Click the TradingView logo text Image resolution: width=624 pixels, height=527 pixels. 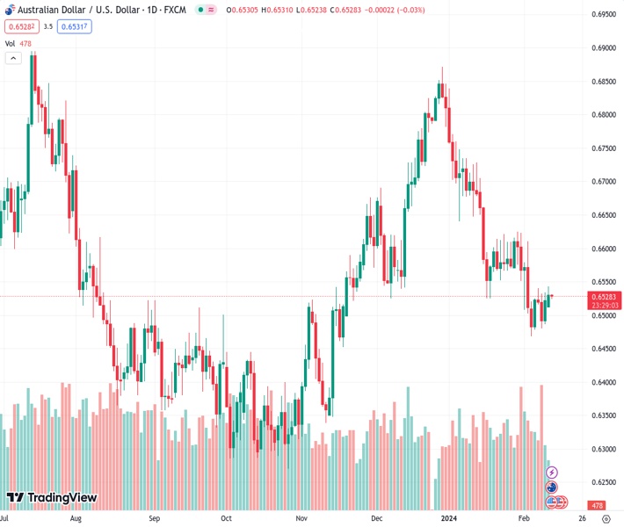62,498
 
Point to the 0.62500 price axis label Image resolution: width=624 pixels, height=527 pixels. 603,482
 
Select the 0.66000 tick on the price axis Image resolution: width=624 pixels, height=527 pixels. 603,249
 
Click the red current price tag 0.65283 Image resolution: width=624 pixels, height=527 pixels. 605,296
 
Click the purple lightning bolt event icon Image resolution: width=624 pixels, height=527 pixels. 552,473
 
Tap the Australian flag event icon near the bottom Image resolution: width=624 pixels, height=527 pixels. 552,487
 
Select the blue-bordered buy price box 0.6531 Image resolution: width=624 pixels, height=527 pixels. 76,26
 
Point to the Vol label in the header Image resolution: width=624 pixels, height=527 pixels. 10,43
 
